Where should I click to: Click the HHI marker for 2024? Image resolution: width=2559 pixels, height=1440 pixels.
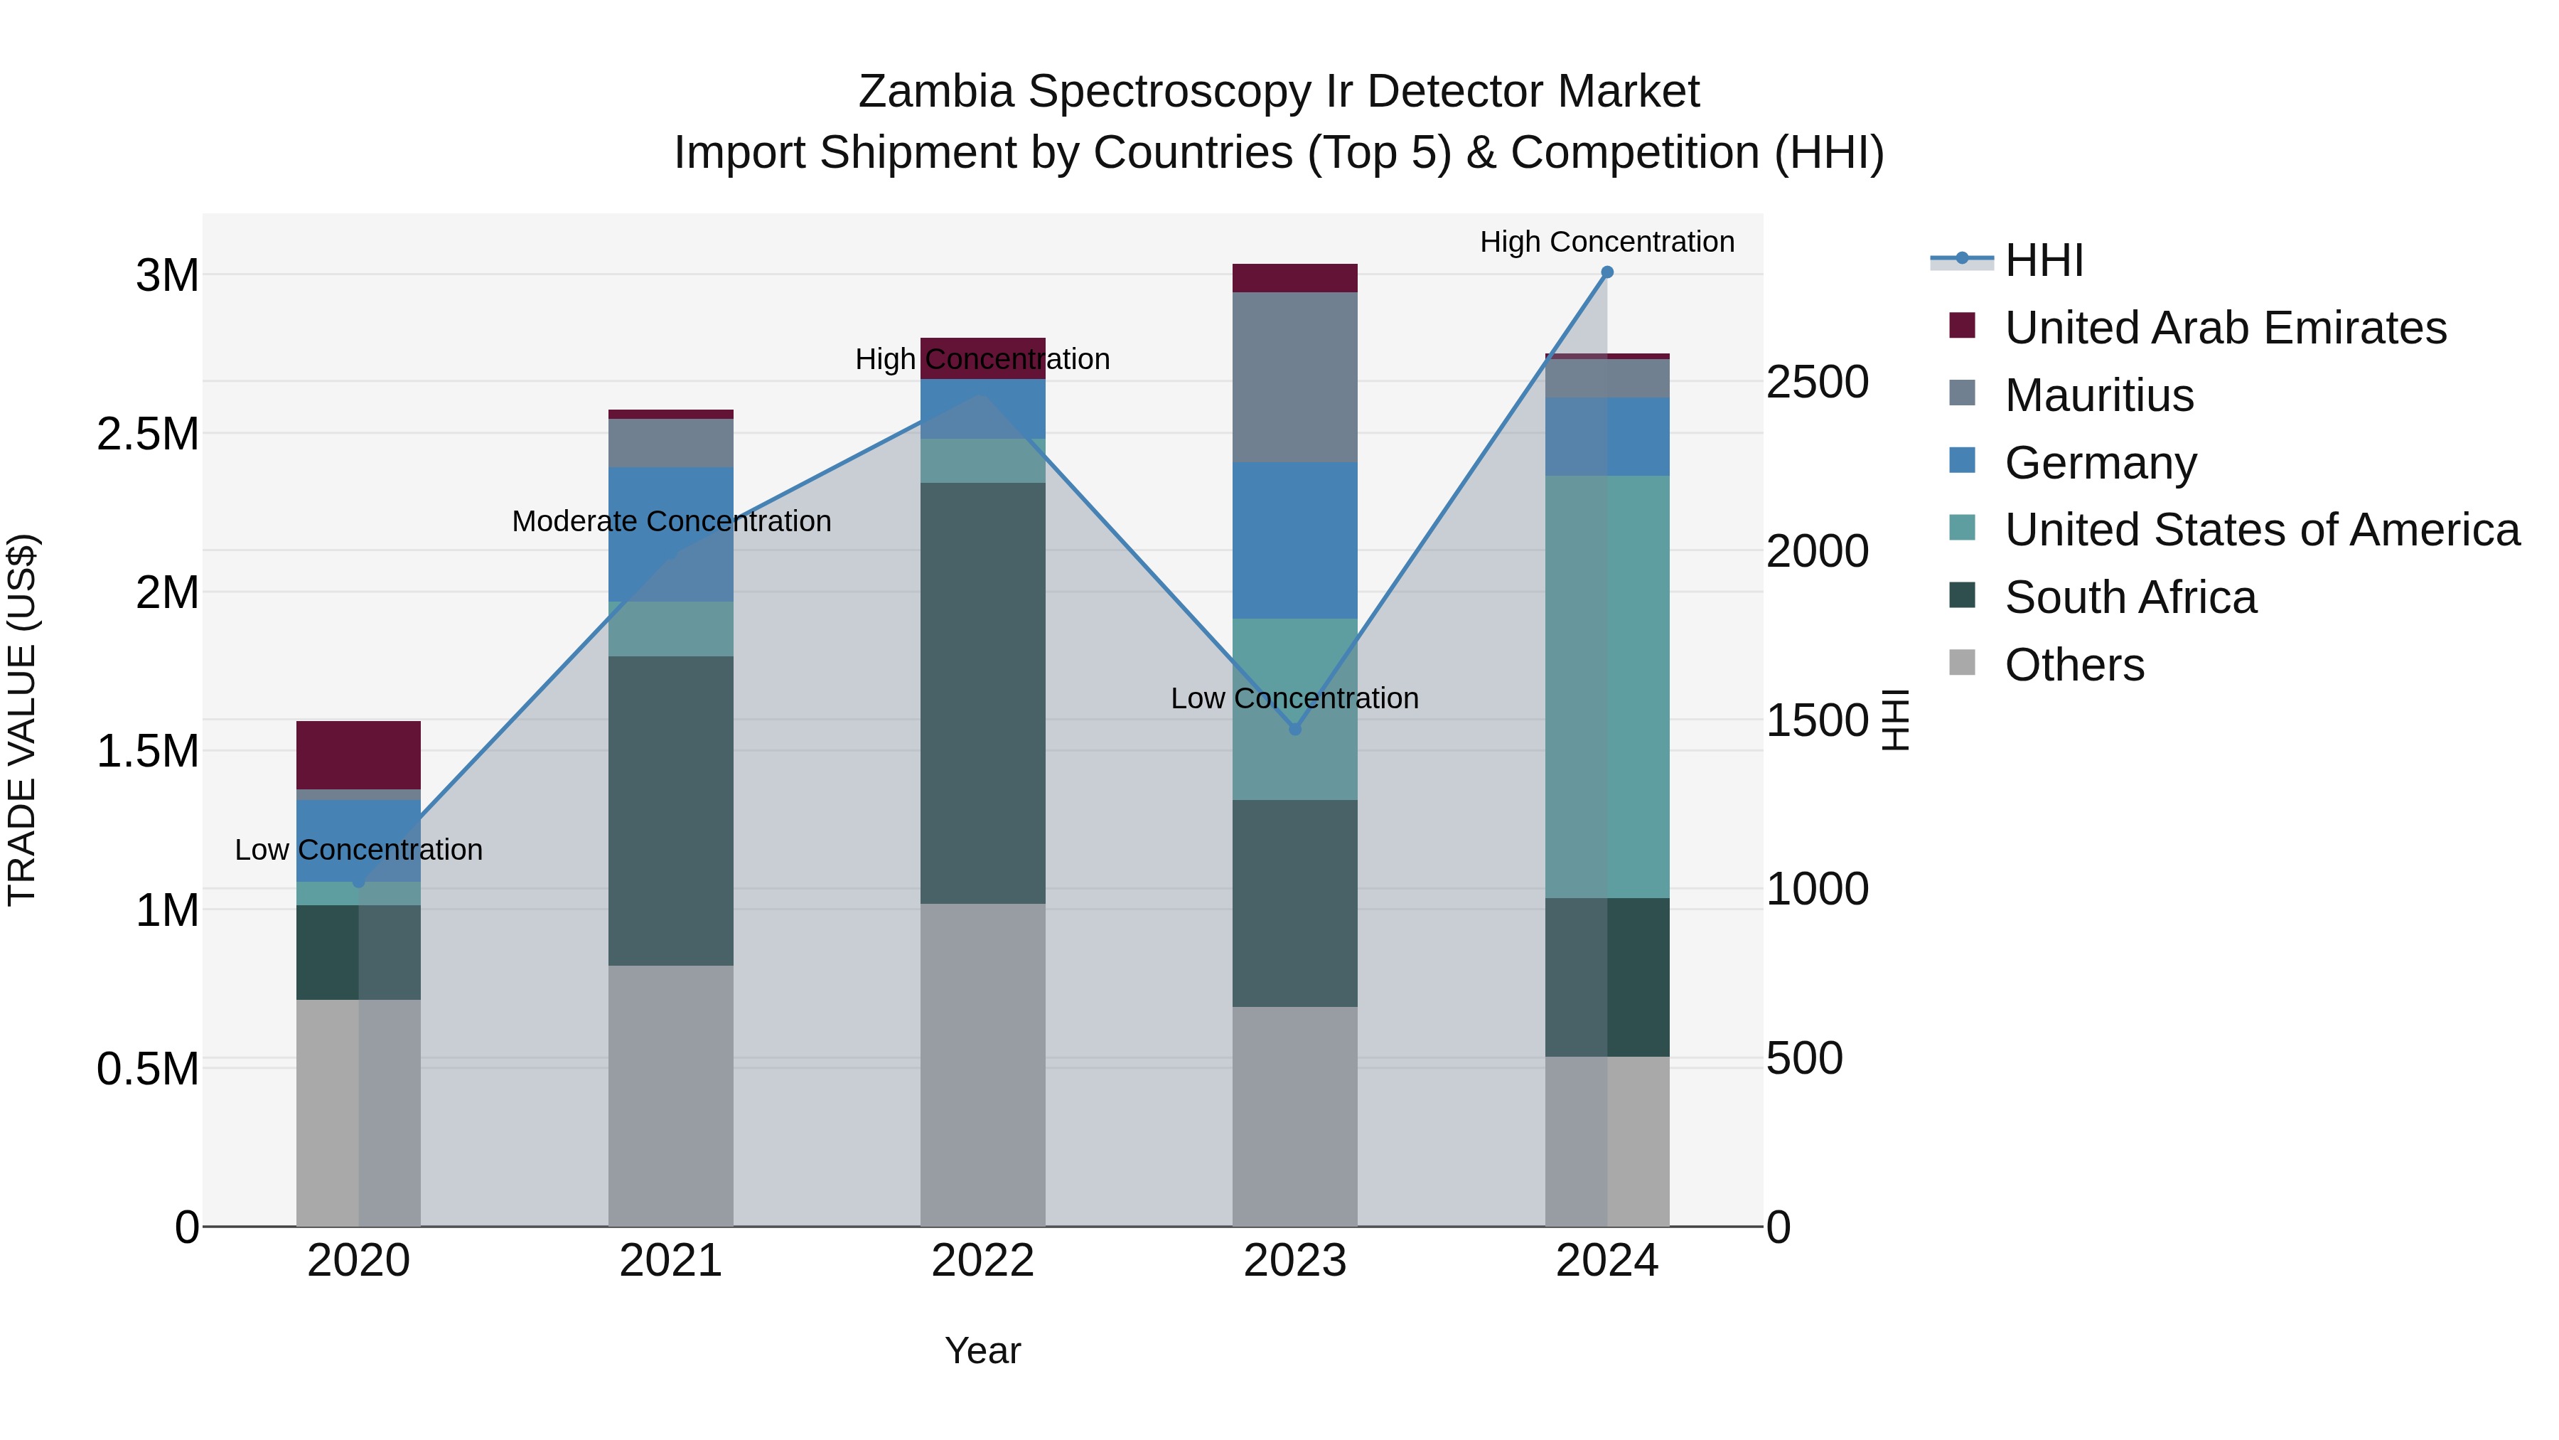point(1606,272)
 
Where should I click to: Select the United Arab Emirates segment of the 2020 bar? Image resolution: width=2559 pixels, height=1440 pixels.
point(359,754)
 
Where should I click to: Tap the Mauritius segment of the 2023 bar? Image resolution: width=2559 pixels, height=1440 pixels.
point(1294,377)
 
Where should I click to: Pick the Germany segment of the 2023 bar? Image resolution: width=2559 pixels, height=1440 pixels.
point(1294,540)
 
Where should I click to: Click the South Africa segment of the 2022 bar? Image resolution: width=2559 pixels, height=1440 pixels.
point(982,693)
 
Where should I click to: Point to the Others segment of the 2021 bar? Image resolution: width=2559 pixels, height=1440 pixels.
point(670,1095)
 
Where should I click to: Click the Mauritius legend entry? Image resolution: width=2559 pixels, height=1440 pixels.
point(2098,395)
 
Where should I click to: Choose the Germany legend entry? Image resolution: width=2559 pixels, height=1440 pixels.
point(2100,462)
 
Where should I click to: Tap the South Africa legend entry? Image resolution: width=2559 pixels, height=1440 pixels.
point(2130,597)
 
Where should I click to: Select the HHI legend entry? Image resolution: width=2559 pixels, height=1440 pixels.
point(2044,260)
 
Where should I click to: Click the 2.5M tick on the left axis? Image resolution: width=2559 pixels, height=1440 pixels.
point(147,434)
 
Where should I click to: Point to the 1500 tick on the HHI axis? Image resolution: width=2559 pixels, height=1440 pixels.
point(1817,720)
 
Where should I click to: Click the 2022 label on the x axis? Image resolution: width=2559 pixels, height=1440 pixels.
point(982,1261)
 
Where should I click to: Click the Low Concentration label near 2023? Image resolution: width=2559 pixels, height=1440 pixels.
point(1294,698)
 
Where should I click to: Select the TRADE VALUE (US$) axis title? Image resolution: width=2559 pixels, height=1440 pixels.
point(22,720)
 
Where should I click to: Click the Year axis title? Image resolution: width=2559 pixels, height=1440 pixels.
point(982,1350)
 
